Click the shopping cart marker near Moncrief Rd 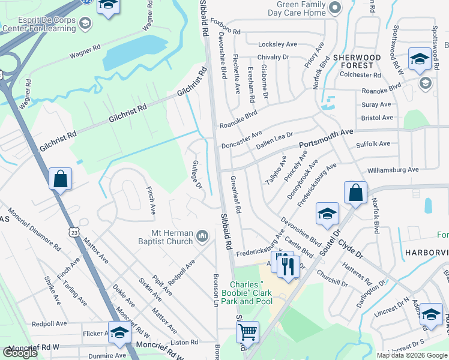tap(247, 332)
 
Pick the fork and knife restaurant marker tap(288, 265)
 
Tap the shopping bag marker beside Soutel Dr tap(355, 194)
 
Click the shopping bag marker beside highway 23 tap(60, 179)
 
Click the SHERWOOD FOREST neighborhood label tap(357, 61)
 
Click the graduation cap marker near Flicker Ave tap(119, 332)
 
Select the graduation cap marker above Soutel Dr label tap(327, 214)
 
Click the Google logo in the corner tap(20, 352)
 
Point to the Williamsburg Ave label tap(393, 170)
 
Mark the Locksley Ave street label tap(277, 44)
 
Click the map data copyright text tap(412, 355)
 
